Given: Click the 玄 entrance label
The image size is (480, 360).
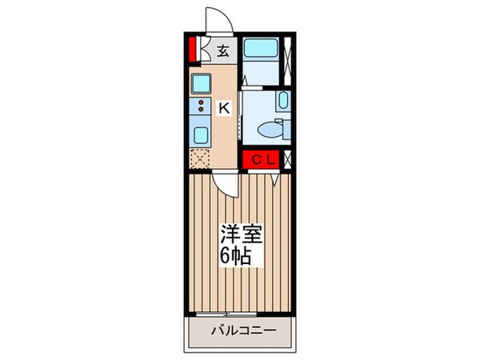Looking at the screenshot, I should click(223, 50).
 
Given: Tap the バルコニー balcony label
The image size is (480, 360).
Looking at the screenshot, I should click(243, 330).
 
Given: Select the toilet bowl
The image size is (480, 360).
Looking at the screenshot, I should click(273, 128).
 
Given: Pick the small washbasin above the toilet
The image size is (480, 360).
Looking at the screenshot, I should click(284, 101).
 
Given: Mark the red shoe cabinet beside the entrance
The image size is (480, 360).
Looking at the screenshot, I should click(193, 50).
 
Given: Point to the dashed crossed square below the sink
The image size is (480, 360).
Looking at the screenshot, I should click(200, 158).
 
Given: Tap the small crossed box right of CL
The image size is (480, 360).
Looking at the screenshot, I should click(287, 159).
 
